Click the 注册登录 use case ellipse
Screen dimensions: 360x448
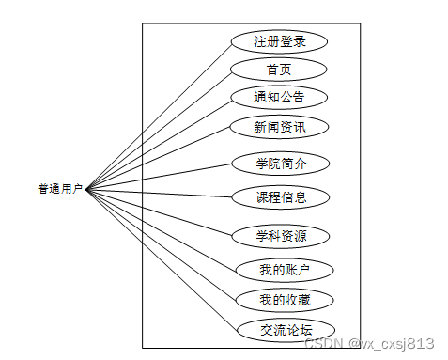[x=278, y=41]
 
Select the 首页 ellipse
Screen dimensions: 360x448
[x=278, y=70]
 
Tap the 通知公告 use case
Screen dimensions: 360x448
[x=278, y=97]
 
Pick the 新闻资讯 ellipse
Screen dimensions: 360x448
[x=278, y=126]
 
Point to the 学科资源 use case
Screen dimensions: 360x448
[x=281, y=235]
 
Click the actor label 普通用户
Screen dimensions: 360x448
[x=60, y=189]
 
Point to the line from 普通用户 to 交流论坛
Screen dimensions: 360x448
[x=160, y=258]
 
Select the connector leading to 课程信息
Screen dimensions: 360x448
[x=160, y=193]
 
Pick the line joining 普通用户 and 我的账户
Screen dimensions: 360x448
[x=160, y=229]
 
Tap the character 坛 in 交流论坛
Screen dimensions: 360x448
[x=305, y=330]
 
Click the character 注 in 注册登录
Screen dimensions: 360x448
[x=259, y=41]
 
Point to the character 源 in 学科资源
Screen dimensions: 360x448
[x=301, y=235]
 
